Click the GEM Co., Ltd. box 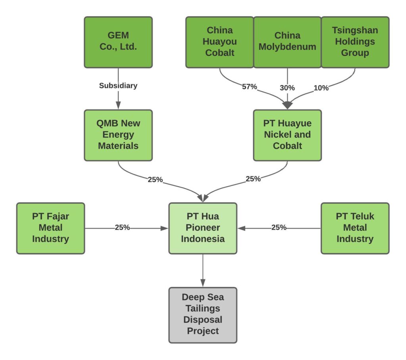[x=118, y=42]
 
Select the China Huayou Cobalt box [x=219, y=42]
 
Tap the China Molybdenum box [x=287, y=42]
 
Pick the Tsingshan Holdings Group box [x=355, y=42]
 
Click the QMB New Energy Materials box [x=118, y=135]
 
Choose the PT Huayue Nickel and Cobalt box [x=287, y=135]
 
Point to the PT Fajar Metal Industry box [x=50, y=228]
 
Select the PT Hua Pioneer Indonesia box [x=203, y=228]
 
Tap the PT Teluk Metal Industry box [x=355, y=228]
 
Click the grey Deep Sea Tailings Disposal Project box [x=203, y=314]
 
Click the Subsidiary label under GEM [x=118, y=86]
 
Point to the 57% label [x=249, y=87]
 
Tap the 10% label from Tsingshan [x=321, y=88]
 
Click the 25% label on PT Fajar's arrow [x=122, y=228]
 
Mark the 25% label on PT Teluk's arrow [x=279, y=228]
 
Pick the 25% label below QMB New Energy [x=155, y=180]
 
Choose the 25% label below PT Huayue [x=253, y=179]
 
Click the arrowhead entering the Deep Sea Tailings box [x=203, y=283]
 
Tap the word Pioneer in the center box [x=203, y=228]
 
